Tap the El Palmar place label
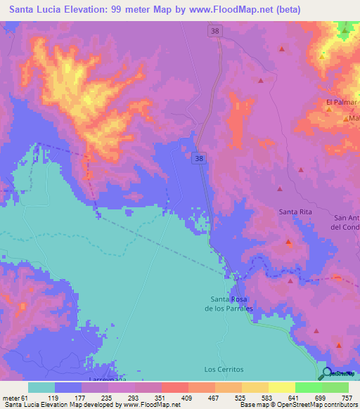click(342, 102)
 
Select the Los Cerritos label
click(224, 369)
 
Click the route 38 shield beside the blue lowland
click(199, 160)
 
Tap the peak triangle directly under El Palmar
click(329, 110)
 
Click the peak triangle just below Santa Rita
click(289, 242)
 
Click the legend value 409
click(188, 398)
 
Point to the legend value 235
click(106, 398)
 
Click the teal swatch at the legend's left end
click(41, 387)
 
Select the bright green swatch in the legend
click(308, 387)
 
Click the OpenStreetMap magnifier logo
click(327, 373)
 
